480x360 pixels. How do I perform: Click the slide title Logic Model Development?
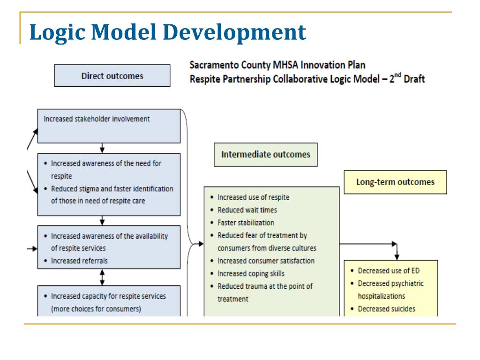pos(167,33)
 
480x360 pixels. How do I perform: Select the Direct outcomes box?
pos(112,75)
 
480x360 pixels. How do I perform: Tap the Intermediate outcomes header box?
pos(265,155)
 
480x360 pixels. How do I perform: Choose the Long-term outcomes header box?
pos(395,182)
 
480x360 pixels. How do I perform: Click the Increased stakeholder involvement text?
pos(97,119)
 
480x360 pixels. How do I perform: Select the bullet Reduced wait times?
pos(247,210)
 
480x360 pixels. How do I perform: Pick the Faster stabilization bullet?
pos(246,223)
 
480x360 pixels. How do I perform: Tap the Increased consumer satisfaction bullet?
pos(266,261)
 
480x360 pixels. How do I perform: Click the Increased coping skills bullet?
pos(251,273)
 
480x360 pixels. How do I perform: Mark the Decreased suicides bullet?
pos(386,309)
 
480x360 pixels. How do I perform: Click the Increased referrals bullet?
pos(79,261)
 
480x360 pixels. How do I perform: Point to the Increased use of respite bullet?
pos(253,197)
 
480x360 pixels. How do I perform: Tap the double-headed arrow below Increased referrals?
pos(102,277)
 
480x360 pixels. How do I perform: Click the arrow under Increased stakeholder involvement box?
pos(102,148)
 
